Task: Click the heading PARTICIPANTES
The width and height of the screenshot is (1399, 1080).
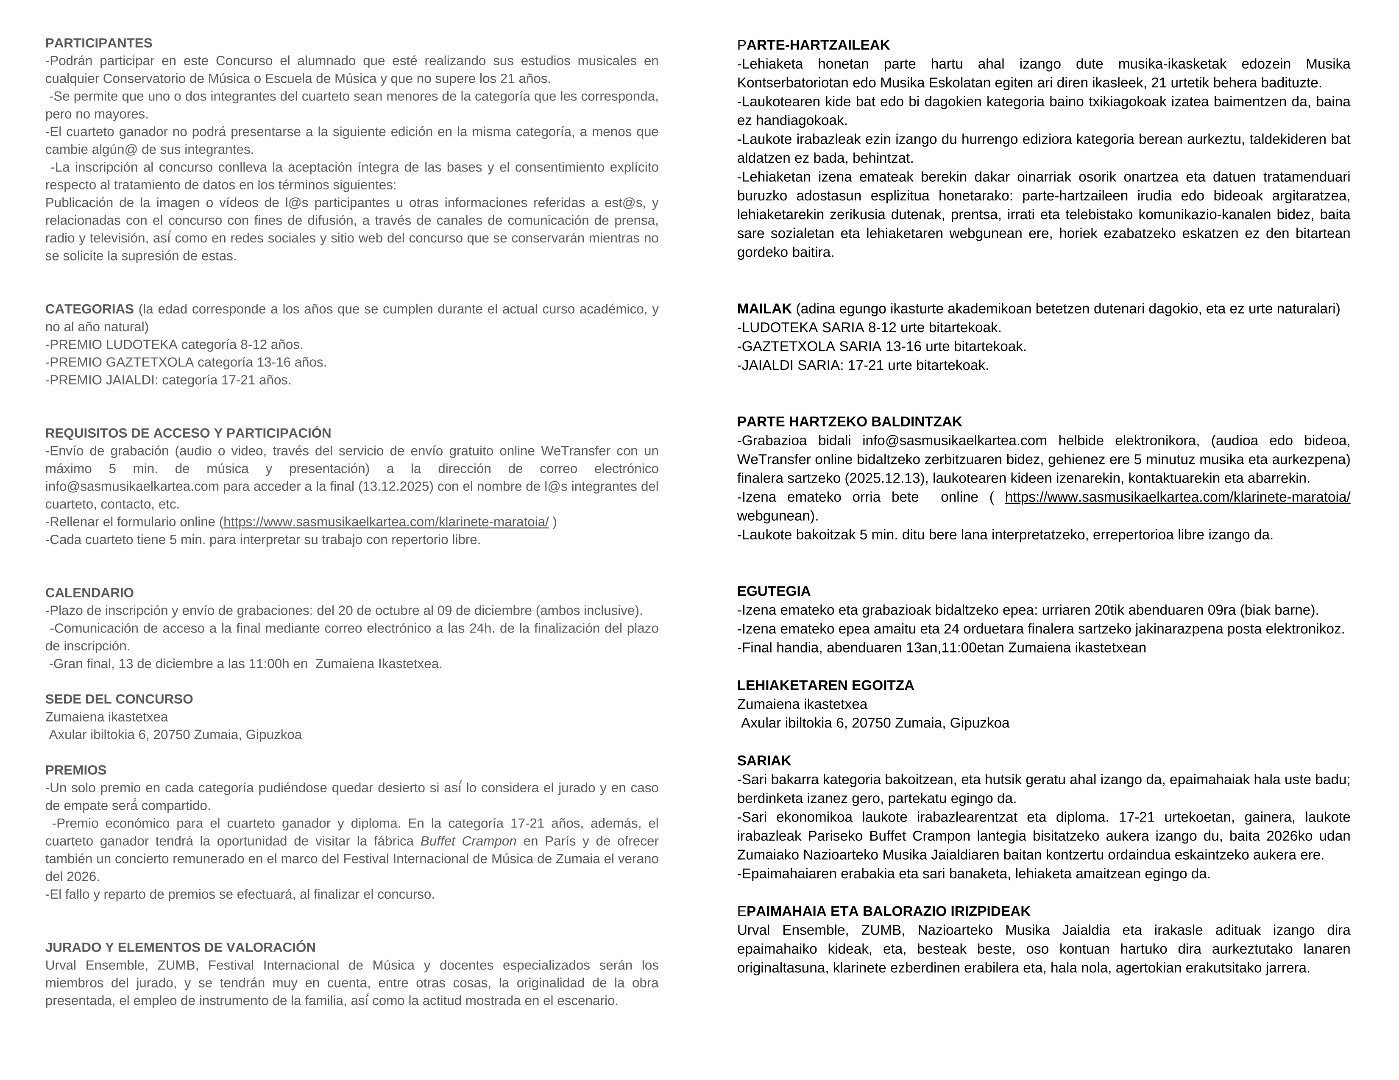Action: [x=99, y=43]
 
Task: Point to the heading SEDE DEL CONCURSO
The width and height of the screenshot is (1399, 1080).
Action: [x=119, y=699]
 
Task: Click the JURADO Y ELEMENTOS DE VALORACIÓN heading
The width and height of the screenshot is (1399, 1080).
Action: [x=181, y=947]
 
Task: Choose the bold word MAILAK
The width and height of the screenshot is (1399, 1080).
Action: [x=764, y=309]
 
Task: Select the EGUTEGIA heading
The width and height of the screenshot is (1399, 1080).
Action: [x=774, y=591]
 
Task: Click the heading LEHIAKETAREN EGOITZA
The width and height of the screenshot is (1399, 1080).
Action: [x=825, y=686]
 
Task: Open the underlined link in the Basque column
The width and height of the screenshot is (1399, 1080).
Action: [x=1177, y=497]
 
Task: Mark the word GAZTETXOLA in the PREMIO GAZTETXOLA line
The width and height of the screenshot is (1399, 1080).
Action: [x=150, y=362]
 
